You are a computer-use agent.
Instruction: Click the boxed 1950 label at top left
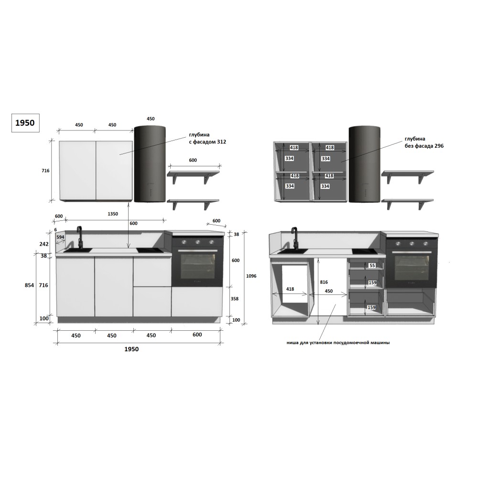25,123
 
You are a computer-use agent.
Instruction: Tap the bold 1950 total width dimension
131,349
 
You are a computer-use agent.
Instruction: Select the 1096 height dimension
251,276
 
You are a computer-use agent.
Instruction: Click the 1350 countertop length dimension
113,214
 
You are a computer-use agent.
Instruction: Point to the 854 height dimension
29,285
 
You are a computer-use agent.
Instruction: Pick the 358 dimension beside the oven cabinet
234,299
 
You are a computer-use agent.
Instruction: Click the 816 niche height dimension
324,282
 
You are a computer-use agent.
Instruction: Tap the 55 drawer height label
372,265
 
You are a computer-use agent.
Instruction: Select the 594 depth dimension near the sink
60,237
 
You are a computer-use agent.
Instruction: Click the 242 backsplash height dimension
44,244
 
